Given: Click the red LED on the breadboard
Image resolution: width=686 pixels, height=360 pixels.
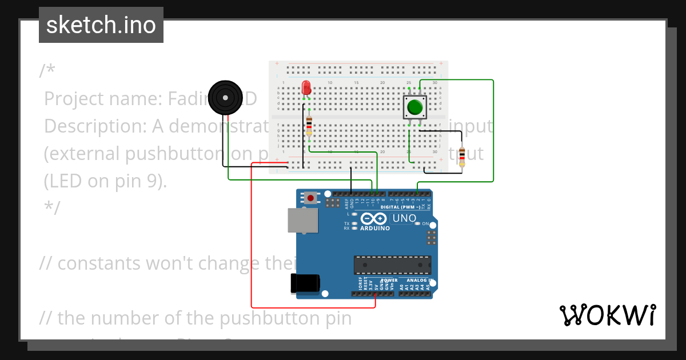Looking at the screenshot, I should point(306,87).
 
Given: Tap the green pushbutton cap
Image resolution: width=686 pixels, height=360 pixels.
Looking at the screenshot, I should point(415,107).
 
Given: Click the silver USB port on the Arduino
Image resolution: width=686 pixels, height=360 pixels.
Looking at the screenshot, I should point(302,221).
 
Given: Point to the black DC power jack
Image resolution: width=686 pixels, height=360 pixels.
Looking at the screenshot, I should point(305,284).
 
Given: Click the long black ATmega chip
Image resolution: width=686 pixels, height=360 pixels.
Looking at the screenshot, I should point(392,265).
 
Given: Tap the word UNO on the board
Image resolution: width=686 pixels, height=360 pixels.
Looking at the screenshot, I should point(404,218).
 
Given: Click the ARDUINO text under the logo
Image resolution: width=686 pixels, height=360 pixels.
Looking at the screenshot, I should point(375,228).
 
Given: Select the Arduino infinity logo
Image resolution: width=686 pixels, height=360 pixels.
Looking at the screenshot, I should point(374,218).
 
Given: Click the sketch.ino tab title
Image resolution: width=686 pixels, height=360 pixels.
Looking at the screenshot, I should point(101,25).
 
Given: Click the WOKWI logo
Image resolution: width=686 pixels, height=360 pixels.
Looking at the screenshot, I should point(607,315).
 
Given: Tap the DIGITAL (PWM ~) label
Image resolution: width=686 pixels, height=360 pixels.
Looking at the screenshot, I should point(400,207).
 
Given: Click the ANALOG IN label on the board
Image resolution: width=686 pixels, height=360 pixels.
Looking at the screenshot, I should point(419,281).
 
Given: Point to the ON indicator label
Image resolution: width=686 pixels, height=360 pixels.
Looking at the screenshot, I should point(425,223).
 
